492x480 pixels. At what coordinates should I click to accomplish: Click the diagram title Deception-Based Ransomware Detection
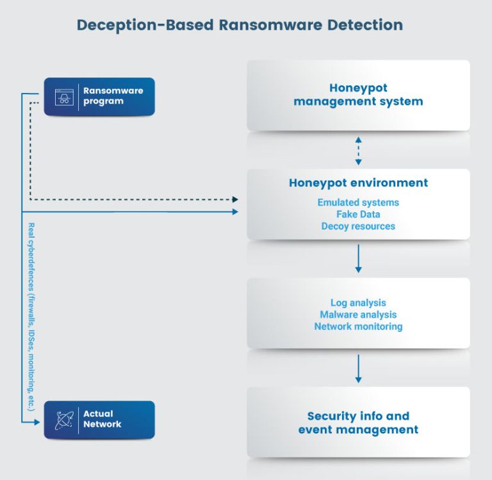(240, 25)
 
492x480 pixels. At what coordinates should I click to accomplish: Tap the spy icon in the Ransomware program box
(63, 97)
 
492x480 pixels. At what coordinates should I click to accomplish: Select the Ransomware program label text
(113, 96)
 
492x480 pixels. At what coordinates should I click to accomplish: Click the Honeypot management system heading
(358, 95)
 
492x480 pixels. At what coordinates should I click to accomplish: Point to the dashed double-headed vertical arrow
(358, 150)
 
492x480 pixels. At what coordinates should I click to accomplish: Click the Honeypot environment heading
(358, 183)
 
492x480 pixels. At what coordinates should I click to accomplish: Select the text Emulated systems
(358, 203)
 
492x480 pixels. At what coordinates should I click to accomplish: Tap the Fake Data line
(358, 215)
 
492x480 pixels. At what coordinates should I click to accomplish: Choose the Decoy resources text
(358, 226)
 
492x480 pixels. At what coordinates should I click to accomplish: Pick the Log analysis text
(358, 302)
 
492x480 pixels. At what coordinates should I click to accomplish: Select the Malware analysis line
(358, 315)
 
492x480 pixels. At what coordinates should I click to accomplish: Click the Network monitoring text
(358, 326)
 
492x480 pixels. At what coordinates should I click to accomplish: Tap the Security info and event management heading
(358, 422)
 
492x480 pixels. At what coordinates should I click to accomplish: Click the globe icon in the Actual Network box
(63, 420)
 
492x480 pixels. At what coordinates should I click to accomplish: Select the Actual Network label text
(102, 419)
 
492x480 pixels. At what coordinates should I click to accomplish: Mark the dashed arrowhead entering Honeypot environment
(235, 199)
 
